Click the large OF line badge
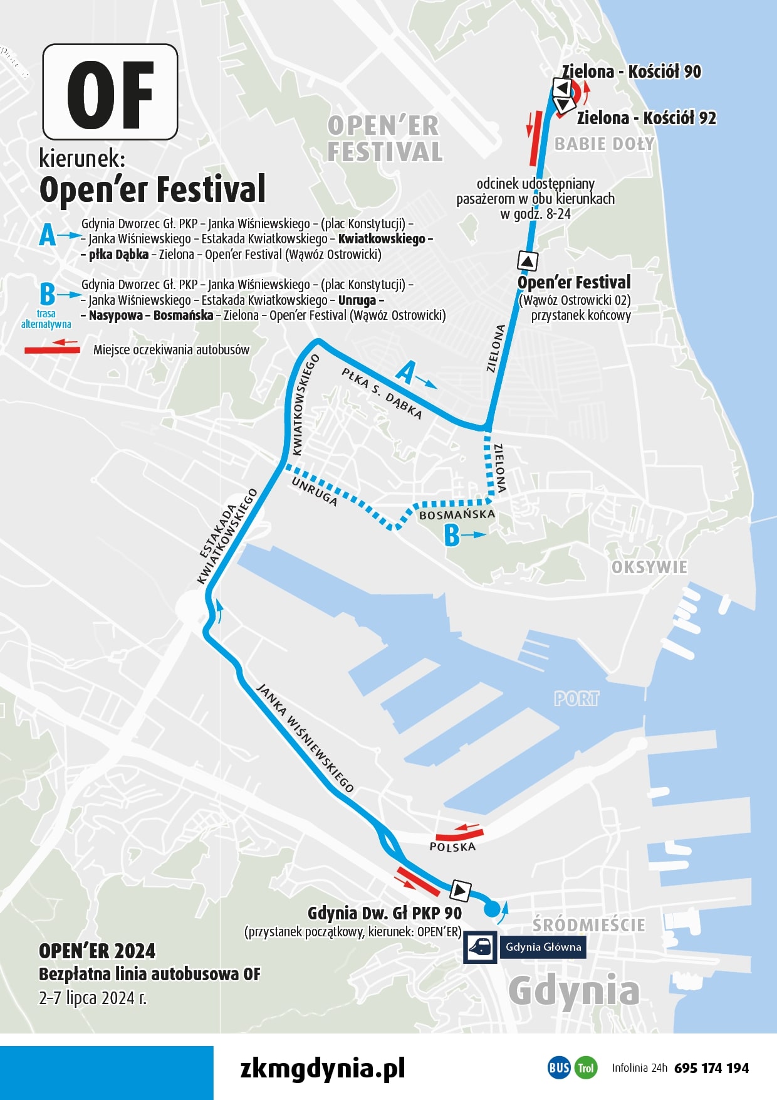[x=110, y=92]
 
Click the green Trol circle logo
[x=585, y=1068]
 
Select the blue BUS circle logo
[x=559, y=1068]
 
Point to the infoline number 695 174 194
[x=711, y=1068]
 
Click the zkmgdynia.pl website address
[x=323, y=1067]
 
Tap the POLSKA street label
[x=452, y=847]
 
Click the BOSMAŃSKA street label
[x=457, y=515]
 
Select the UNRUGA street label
[x=315, y=492]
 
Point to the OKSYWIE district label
[x=649, y=568]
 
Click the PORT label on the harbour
[x=576, y=699]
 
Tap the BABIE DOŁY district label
[x=604, y=144]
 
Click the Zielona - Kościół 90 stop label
[x=632, y=72]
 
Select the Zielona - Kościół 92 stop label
[x=646, y=118]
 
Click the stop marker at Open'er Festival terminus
[x=528, y=260]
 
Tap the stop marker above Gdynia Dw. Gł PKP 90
[x=461, y=889]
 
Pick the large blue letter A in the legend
[x=48, y=236]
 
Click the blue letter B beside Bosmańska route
[x=452, y=536]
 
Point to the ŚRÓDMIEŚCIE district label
[x=588, y=925]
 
